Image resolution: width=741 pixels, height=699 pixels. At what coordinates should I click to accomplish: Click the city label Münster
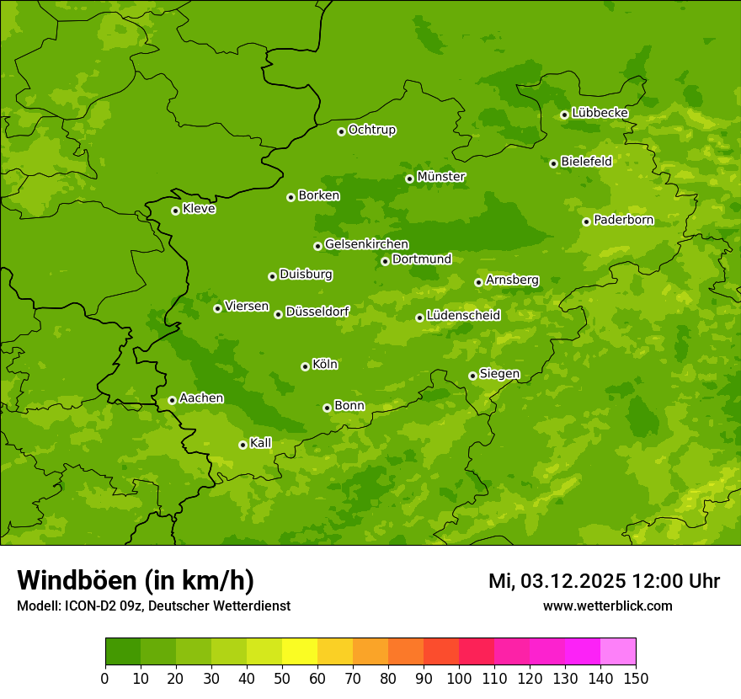[x=441, y=177]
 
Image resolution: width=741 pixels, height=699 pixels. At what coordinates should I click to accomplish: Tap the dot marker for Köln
[x=305, y=366]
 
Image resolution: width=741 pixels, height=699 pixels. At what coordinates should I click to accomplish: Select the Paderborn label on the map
[x=624, y=220]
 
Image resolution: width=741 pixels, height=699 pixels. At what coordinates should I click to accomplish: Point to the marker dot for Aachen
[x=172, y=400]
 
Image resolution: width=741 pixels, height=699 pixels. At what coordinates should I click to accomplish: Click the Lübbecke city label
[x=600, y=113]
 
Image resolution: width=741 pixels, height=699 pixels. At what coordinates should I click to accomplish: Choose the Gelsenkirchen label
[x=366, y=244]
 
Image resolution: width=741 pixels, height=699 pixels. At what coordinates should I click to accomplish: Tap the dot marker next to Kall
[x=243, y=445]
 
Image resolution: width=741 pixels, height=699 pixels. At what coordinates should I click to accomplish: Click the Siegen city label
[x=499, y=374]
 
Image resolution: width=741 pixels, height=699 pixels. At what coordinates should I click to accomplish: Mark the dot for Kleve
[x=175, y=211]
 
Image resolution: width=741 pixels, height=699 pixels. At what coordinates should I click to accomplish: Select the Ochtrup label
[x=372, y=130]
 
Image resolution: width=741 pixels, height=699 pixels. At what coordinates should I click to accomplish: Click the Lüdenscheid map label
[x=463, y=316]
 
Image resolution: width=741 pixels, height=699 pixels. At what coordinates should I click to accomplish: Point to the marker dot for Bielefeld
[x=553, y=163]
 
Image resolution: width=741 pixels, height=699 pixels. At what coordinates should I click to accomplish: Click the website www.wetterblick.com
[x=608, y=606]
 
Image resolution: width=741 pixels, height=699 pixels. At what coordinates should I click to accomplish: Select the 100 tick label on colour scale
[x=459, y=679]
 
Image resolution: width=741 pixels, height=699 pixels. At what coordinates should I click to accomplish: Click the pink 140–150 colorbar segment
[x=618, y=652]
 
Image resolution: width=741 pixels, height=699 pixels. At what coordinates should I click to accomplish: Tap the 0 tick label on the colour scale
[x=105, y=679]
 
